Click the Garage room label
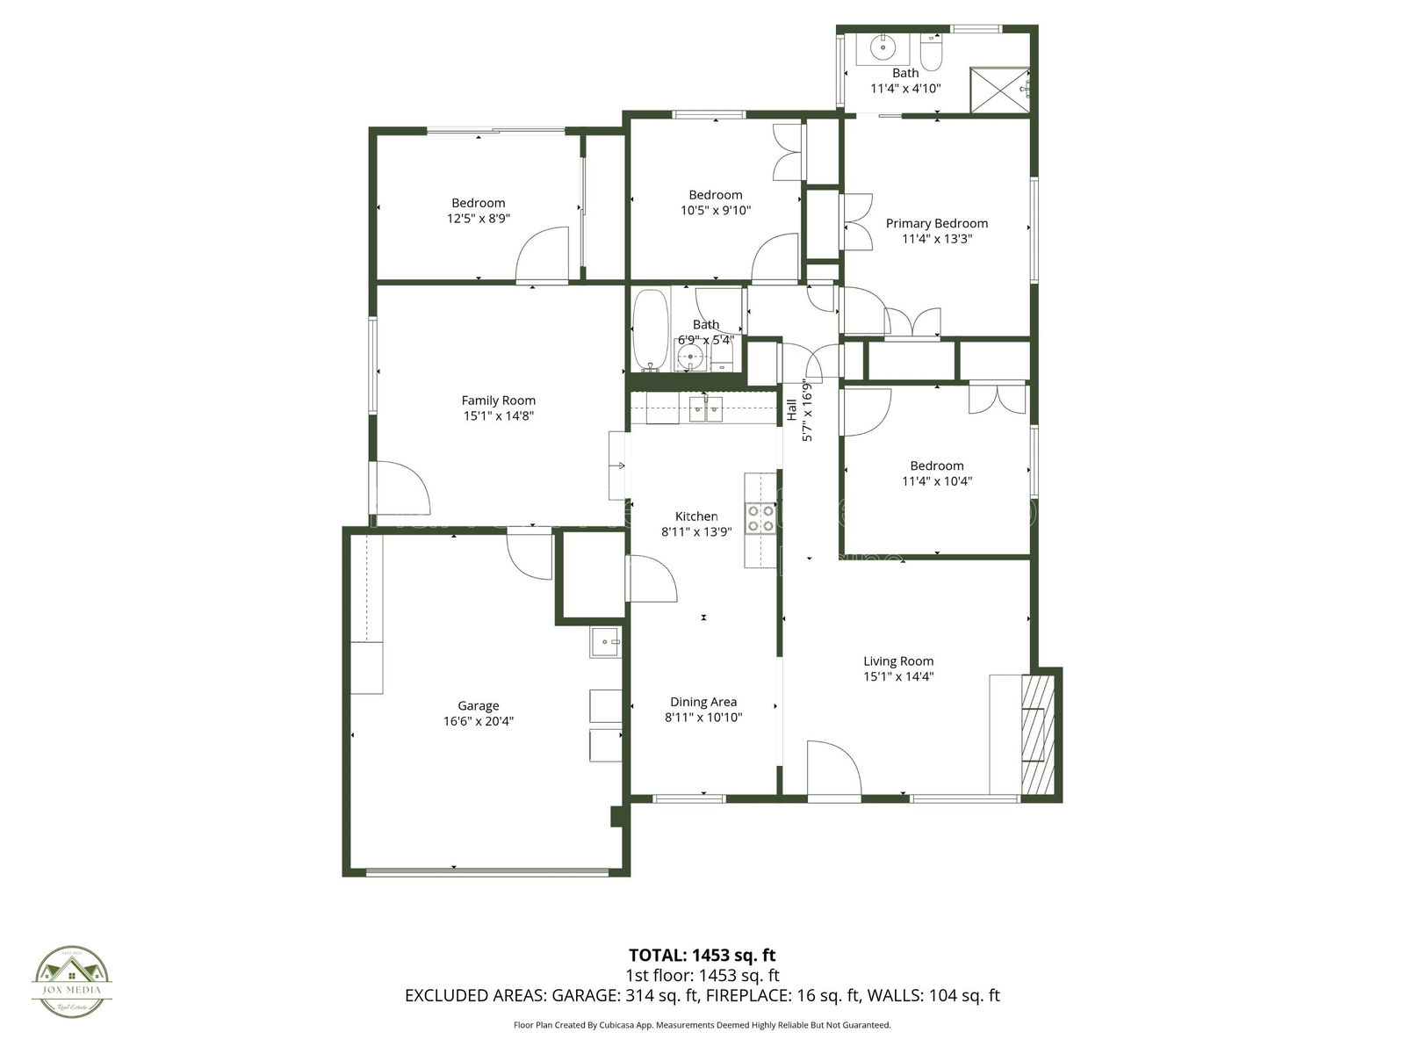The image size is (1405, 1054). pos(478,705)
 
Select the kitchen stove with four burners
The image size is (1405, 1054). pos(760,518)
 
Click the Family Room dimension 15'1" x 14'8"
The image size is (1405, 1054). pos(498,416)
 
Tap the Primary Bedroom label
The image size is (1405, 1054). pos(936,223)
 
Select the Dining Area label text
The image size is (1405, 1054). pos(702,702)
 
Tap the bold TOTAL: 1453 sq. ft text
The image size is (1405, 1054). pos(702,955)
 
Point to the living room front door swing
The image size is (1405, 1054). pos(831,768)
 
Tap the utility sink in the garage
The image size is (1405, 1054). pos(605,643)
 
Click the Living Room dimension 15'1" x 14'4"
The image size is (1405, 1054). pos(897,676)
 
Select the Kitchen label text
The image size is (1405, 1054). pos(695,516)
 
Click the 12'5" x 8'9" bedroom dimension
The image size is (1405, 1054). pos(478,219)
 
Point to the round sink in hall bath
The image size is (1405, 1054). pos(691,357)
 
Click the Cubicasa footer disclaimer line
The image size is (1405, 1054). pos(702,1024)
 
